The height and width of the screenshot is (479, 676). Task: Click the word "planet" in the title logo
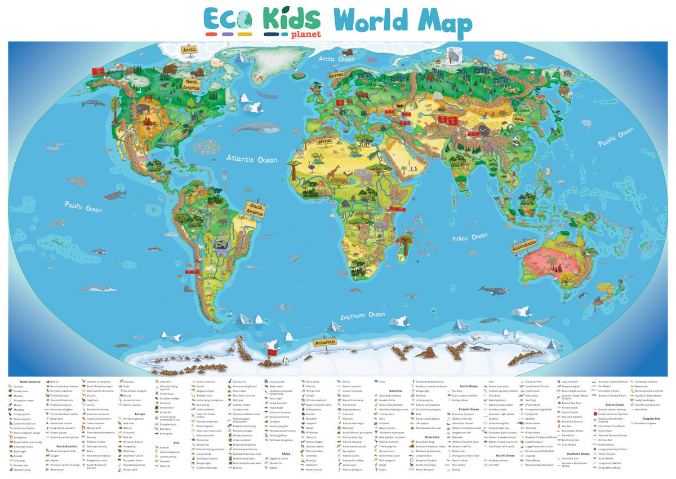306,34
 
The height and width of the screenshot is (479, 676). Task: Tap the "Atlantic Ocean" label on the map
252,160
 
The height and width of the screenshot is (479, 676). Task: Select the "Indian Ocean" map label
470,238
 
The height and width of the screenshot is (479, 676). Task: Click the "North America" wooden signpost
191,85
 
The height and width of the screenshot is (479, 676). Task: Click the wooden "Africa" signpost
324,141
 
